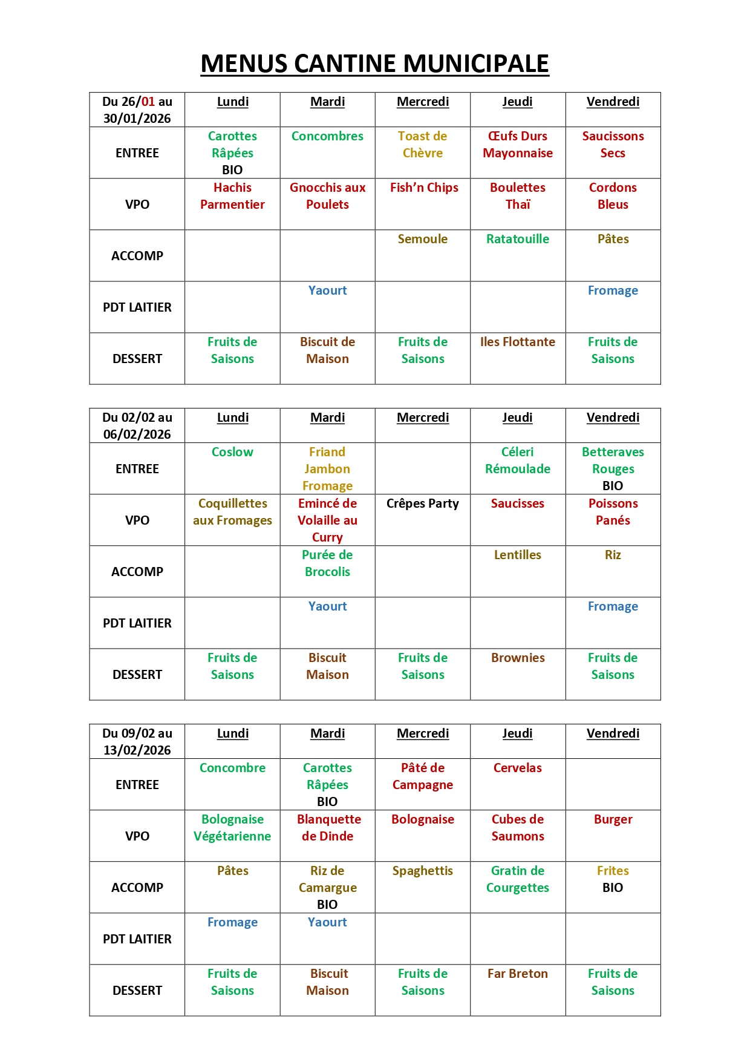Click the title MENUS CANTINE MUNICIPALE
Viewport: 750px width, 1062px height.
pos(374,64)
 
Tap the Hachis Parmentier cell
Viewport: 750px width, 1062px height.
pos(232,196)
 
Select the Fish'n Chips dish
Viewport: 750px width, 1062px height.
pos(423,188)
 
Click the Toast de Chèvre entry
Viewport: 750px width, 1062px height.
pos(422,145)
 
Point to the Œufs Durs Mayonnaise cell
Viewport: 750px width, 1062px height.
pos(517,145)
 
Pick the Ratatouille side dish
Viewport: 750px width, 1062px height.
pos(517,239)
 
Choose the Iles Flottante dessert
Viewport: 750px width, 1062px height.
pos(517,342)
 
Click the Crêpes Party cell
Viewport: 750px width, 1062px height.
pos(422,503)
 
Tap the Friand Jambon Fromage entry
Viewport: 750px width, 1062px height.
pos(327,469)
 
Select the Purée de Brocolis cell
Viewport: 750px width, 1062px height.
pos(327,563)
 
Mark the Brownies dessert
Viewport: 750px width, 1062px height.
pos(517,658)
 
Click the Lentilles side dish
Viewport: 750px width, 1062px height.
pos(517,555)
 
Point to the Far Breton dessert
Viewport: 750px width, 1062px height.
pos(517,974)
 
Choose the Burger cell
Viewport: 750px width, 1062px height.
pos(613,819)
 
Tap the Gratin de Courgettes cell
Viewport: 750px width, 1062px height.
pos(517,879)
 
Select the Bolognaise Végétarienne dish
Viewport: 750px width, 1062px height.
pos(232,828)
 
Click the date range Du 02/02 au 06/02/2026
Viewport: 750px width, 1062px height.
pos(137,426)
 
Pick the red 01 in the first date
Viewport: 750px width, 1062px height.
pos(148,102)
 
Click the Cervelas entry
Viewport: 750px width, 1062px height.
pos(517,768)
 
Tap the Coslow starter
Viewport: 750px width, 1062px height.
pos(232,452)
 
